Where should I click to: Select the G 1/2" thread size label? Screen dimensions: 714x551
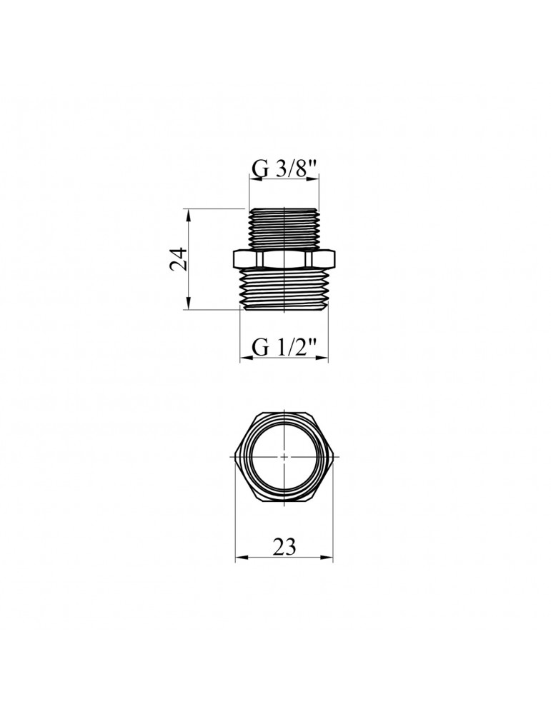click(x=284, y=349)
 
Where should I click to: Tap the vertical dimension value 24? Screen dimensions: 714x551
click(x=179, y=258)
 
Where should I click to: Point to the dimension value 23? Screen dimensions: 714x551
click(x=284, y=546)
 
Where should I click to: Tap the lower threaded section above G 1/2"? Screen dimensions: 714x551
click(x=284, y=289)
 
